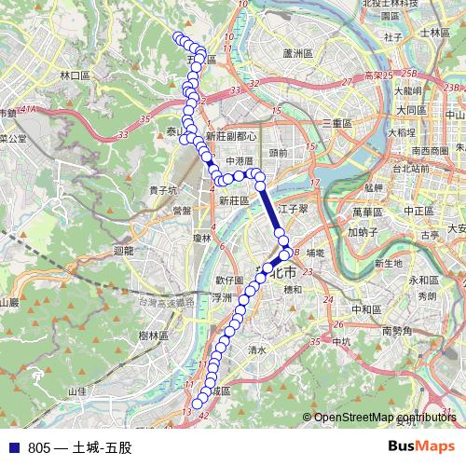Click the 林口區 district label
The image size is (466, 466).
(x=73, y=75)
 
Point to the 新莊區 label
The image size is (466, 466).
(x=235, y=200)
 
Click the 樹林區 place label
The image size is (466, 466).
(x=150, y=335)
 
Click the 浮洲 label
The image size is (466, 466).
(x=222, y=298)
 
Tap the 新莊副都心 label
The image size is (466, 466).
(x=231, y=135)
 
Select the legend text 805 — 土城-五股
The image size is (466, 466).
(x=79, y=447)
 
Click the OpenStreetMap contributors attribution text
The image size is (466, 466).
(x=384, y=418)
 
